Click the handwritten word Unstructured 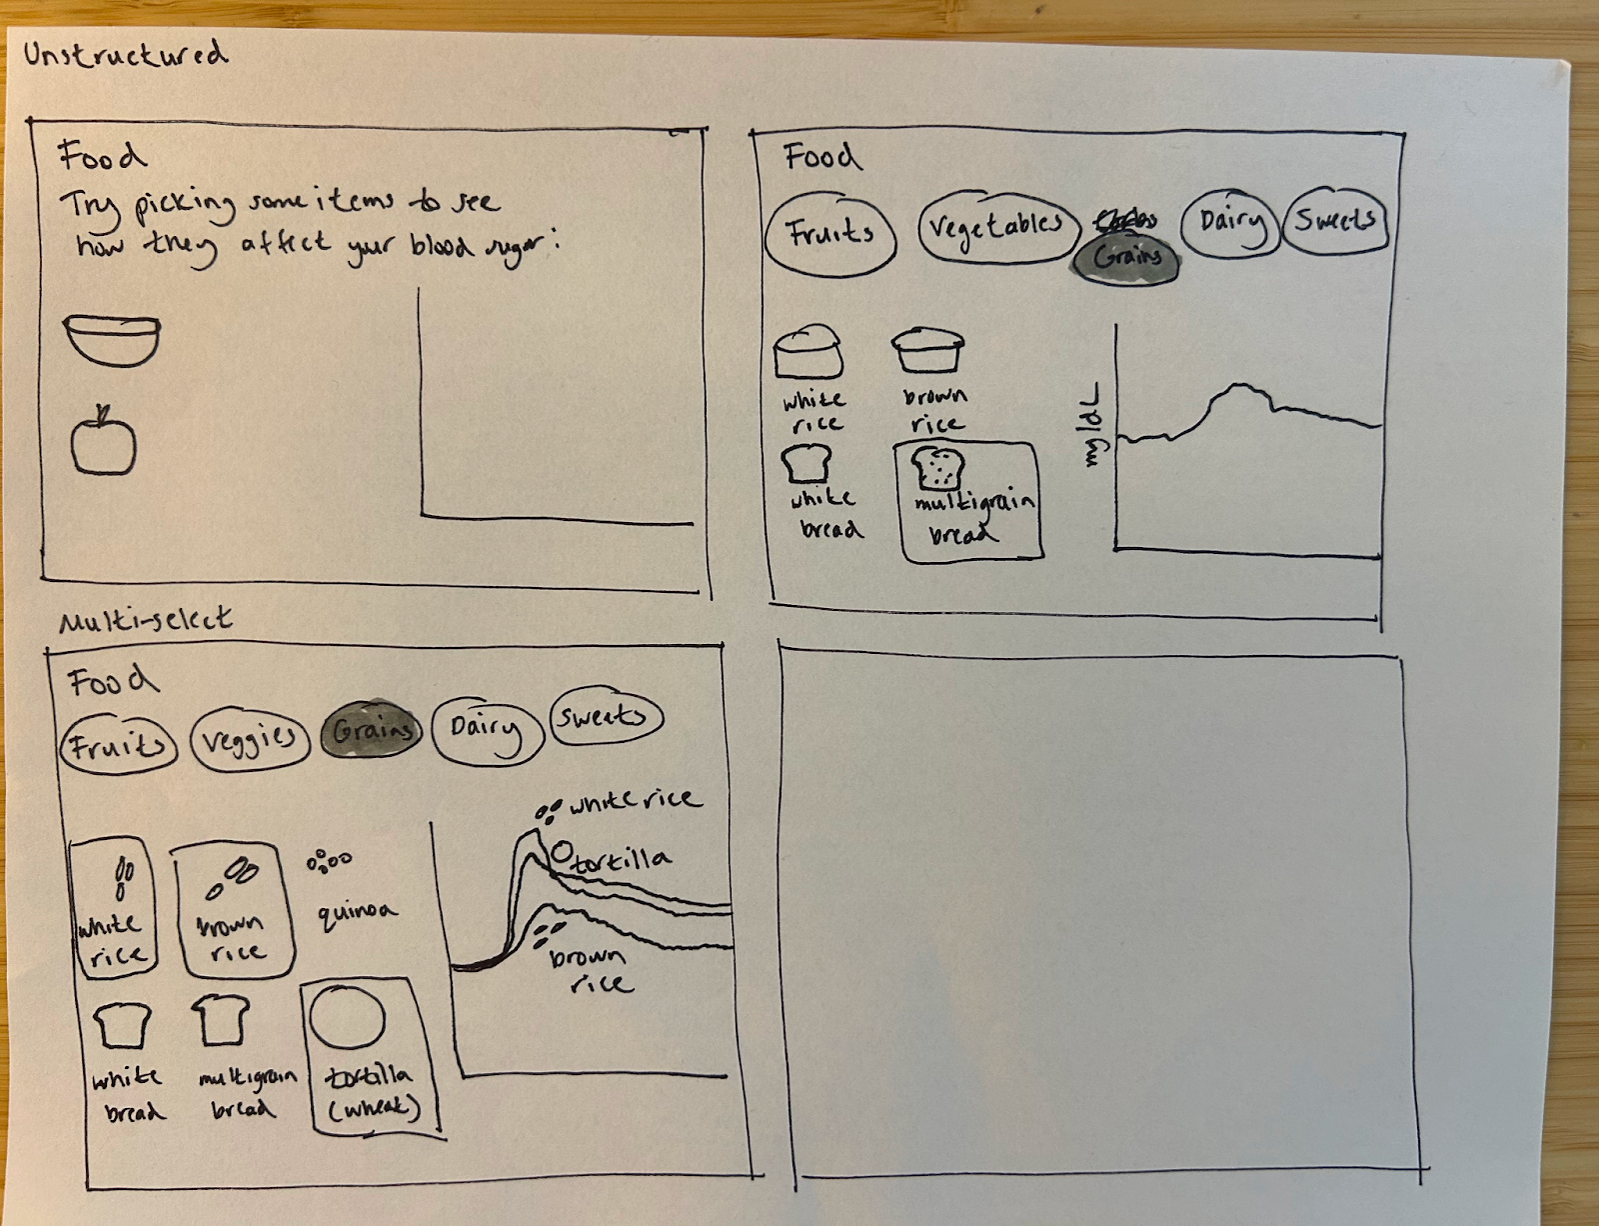(126, 54)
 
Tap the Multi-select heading (146, 621)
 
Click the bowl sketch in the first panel (112, 340)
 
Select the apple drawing (103, 442)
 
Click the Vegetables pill (996, 226)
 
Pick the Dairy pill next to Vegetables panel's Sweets (1230, 222)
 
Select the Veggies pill (249, 740)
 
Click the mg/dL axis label (1091, 424)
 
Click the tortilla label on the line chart (621, 860)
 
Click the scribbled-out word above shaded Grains (1126, 219)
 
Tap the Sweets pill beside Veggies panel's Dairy (605, 716)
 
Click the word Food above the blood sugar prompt (102, 156)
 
